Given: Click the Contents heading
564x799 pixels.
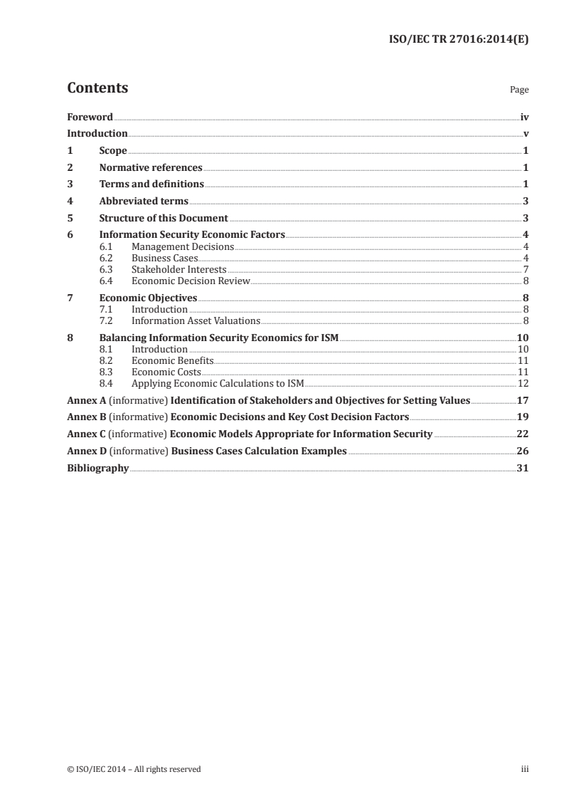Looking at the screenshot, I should (x=97, y=88).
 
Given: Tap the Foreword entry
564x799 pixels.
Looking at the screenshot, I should (x=90, y=117).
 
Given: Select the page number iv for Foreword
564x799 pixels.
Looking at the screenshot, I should (x=523, y=117).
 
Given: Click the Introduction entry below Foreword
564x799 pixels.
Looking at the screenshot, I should (x=97, y=134).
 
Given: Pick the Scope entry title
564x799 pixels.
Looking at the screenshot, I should (x=113, y=151).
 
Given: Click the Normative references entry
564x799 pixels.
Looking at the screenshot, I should (x=151, y=168).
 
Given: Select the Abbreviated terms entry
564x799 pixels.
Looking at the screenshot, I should (x=144, y=202).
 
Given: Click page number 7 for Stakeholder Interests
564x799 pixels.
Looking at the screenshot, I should (x=525, y=269).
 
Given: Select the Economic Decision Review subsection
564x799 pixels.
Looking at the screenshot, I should (x=191, y=281).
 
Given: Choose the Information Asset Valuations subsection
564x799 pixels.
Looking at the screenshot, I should (x=196, y=320).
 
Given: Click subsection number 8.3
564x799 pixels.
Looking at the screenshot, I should (x=106, y=372).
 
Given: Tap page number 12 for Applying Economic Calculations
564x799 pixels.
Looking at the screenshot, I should (x=522, y=383).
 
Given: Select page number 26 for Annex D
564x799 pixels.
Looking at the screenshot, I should (x=522, y=451).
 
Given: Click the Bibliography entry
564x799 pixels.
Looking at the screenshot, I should (x=97, y=469).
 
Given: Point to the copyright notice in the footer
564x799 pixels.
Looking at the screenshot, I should (x=134, y=769).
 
